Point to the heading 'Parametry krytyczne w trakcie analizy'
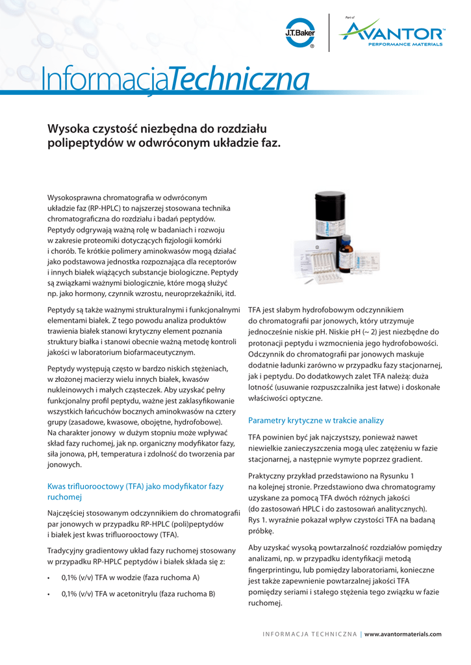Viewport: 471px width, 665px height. (x=316, y=421)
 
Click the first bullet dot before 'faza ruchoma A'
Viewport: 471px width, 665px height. (x=50, y=577)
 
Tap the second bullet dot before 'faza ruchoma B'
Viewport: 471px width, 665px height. (x=50, y=594)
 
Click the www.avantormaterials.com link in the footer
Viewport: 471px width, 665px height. (x=403, y=634)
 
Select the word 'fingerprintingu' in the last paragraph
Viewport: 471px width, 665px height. (x=275, y=570)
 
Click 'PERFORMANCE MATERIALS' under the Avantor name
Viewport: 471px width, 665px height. (x=405, y=45)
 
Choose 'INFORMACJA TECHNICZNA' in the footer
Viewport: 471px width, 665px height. (x=309, y=634)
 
